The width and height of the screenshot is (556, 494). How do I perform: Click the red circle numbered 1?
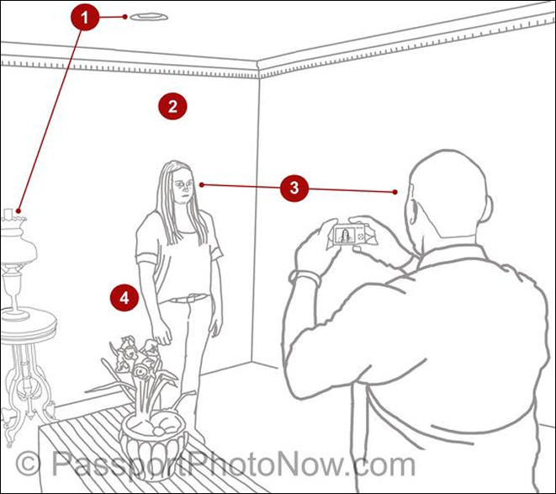tap(85, 17)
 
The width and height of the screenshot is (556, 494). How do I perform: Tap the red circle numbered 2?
tap(172, 106)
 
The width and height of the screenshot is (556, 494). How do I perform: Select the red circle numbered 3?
tap(294, 188)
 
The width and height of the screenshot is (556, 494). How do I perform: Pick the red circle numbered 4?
tap(124, 297)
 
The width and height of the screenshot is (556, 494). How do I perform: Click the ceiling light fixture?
tap(149, 17)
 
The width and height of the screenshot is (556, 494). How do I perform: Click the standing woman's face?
tap(183, 187)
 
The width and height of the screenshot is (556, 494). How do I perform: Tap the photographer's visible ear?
tap(413, 209)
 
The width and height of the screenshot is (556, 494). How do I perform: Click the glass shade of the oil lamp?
tap(18, 246)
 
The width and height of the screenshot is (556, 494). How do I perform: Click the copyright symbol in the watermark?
tap(28, 464)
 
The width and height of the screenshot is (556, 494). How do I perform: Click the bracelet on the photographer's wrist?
tap(305, 276)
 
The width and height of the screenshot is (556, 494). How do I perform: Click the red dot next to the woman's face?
tap(201, 184)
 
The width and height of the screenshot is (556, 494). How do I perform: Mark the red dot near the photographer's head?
tap(395, 192)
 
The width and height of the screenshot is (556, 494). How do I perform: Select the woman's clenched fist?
tap(162, 336)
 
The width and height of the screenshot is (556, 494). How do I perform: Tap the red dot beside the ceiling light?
tap(124, 17)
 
